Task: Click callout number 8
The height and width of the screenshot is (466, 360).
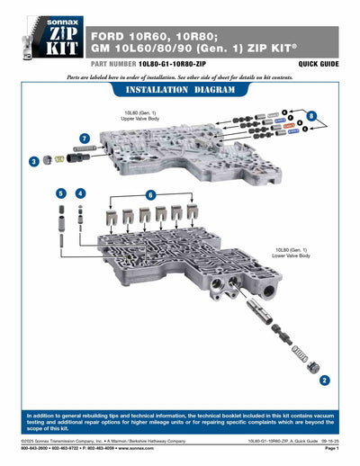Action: click(310, 117)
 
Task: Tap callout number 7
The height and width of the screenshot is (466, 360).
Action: click(85, 139)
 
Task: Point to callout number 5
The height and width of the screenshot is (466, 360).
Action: click(60, 193)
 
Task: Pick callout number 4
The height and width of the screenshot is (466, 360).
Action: click(81, 193)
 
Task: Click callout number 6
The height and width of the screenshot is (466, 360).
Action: click(151, 194)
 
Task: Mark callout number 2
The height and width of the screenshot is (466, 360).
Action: click(323, 381)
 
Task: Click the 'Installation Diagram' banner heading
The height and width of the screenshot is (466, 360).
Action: click(180, 91)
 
